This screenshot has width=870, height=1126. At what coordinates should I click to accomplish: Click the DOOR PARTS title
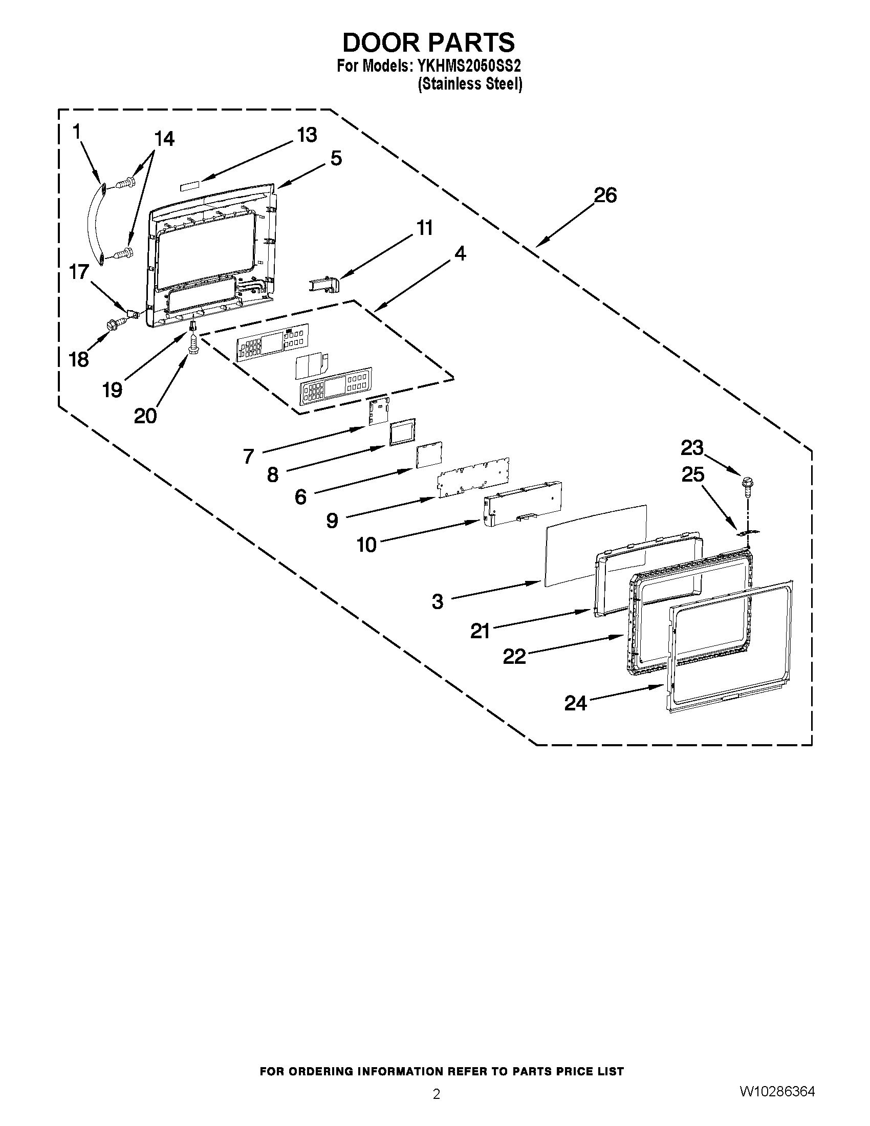tap(428, 42)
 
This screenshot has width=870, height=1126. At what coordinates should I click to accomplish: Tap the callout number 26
tap(605, 196)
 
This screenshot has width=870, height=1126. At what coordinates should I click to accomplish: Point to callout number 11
tap(425, 228)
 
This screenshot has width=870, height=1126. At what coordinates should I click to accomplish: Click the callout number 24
tap(575, 703)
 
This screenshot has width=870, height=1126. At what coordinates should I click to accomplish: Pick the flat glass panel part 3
tap(593, 545)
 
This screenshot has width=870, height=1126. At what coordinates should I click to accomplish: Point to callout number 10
tap(366, 545)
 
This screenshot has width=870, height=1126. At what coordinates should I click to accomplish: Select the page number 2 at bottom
tap(436, 1094)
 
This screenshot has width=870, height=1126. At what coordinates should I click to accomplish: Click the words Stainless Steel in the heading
tap(469, 84)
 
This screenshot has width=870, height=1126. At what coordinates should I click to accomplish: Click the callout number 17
tap(79, 272)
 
